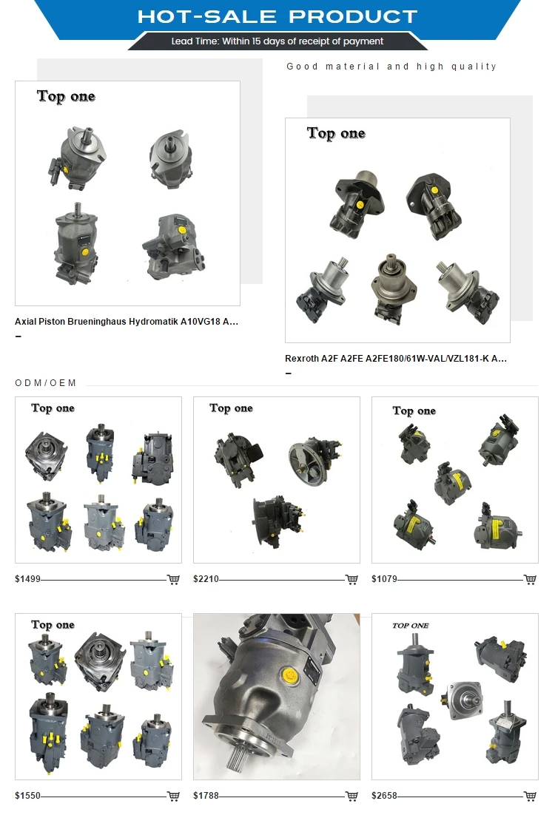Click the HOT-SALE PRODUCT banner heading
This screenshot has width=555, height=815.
277,16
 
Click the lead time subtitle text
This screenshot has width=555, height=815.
277,41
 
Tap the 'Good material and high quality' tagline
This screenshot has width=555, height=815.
391,67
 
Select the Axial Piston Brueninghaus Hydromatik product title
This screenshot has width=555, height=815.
127,321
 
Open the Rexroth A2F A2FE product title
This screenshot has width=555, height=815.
395,358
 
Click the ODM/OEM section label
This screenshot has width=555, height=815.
46,383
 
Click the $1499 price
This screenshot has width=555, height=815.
27,579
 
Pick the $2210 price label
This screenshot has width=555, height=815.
206,579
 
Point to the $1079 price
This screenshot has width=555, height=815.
384,579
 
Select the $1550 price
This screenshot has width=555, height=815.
27,796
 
